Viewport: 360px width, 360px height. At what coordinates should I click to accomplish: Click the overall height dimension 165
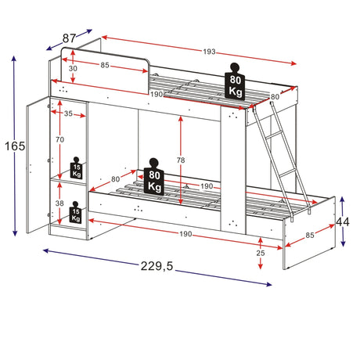tap(15, 146)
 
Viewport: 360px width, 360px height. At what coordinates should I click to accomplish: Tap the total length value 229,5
tap(157, 266)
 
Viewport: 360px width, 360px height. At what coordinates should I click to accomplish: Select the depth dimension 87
tap(69, 38)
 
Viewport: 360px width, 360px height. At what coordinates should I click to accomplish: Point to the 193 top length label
tap(210, 52)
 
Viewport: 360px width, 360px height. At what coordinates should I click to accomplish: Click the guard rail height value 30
tap(73, 68)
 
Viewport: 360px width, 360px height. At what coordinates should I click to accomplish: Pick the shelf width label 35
tap(68, 113)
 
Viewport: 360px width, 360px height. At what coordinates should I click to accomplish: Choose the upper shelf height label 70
tap(59, 139)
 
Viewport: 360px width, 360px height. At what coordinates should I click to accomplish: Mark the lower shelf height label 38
tap(59, 203)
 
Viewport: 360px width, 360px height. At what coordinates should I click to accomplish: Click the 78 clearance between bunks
tap(181, 160)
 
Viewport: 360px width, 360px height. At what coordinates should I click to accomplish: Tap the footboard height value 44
tap(342, 222)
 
